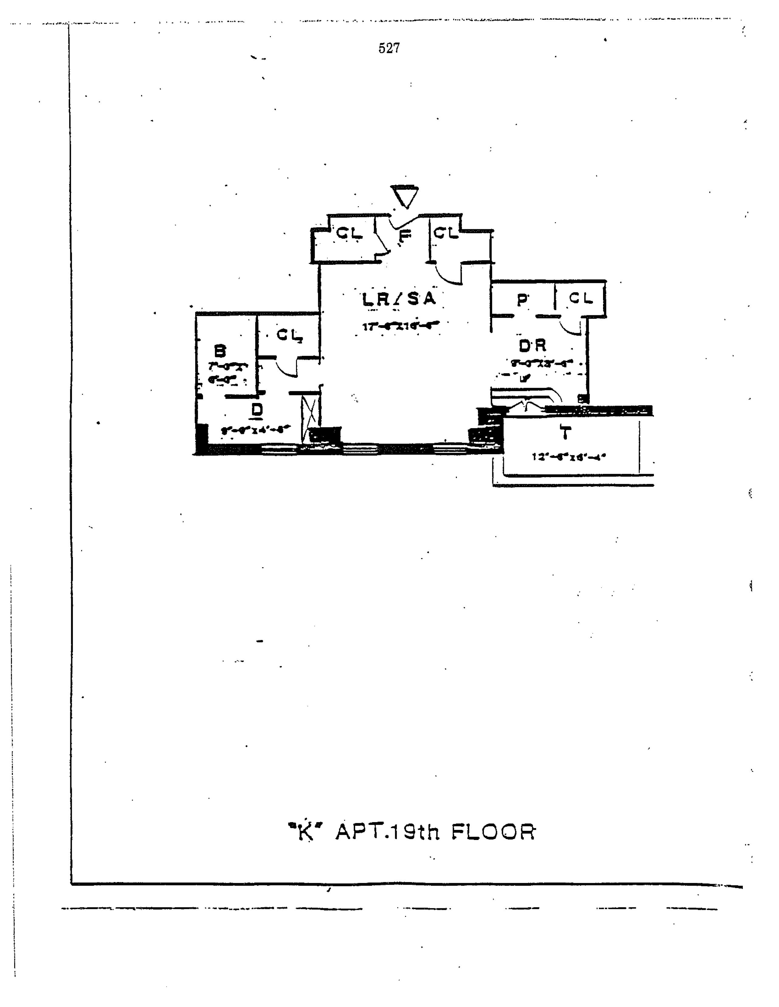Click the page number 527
(x=389, y=48)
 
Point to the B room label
(x=221, y=351)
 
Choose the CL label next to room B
(x=289, y=335)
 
